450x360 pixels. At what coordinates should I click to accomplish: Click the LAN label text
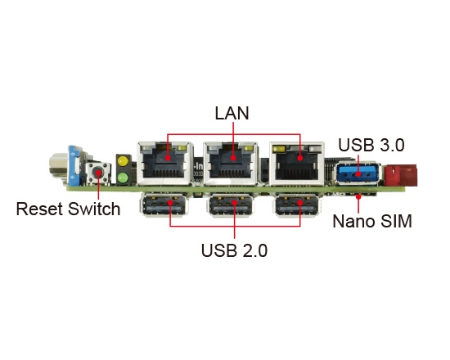[x=232, y=112]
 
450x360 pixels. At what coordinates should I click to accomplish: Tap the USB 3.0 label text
[x=371, y=146]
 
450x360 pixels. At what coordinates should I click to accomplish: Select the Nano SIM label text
[x=372, y=221]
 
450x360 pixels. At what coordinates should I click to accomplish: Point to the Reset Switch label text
[x=68, y=209]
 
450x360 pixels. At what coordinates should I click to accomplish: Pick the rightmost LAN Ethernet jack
[x=297, y=163]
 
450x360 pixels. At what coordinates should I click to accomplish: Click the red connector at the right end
[x=400, y=174]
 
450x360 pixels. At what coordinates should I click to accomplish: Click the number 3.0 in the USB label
[x=389, y=146]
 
